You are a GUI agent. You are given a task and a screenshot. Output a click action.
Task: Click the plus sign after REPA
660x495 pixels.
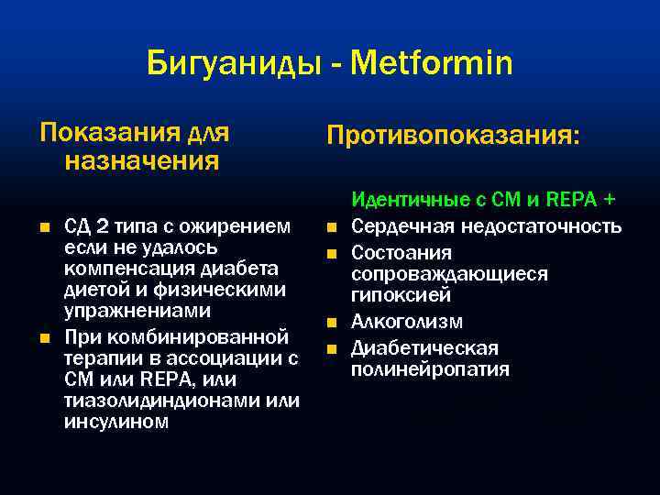tap(609, 198)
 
